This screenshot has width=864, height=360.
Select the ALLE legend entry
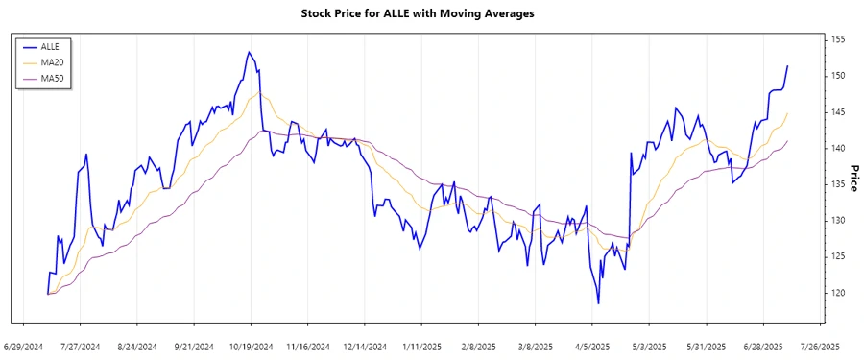(50, 46)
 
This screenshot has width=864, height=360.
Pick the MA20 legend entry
(52, 62)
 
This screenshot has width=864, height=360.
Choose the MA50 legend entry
(52, 79)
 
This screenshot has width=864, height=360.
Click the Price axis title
(852, 178)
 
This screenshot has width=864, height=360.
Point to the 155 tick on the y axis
(837, 39)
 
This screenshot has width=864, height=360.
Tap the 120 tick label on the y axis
(837, 293)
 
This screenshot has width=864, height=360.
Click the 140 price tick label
(837, 148)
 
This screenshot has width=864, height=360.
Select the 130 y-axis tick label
(837, 221)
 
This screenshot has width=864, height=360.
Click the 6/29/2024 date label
(23, 346)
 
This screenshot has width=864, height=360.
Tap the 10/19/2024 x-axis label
(251, 346)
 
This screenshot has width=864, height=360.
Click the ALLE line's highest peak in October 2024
(248, 52)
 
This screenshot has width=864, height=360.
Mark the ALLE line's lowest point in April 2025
(598, 303)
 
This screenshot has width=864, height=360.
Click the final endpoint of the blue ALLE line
(787, 66)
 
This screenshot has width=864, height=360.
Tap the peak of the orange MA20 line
(257, 93)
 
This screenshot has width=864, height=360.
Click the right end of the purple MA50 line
(787, 141)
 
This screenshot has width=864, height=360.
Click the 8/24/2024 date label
(137, 346)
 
